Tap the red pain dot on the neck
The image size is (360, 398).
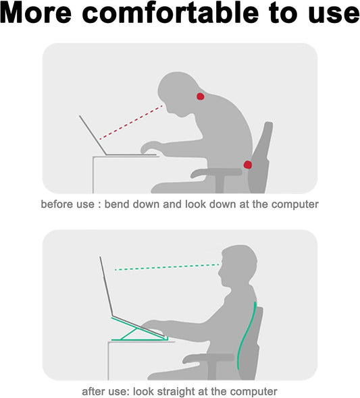point(200,97)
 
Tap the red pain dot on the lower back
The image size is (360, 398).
point(248,164)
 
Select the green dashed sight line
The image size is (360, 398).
point(165,266)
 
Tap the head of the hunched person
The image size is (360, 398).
point(179,91)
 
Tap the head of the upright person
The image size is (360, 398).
point(236,266)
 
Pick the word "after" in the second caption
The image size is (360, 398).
point(94,391)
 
